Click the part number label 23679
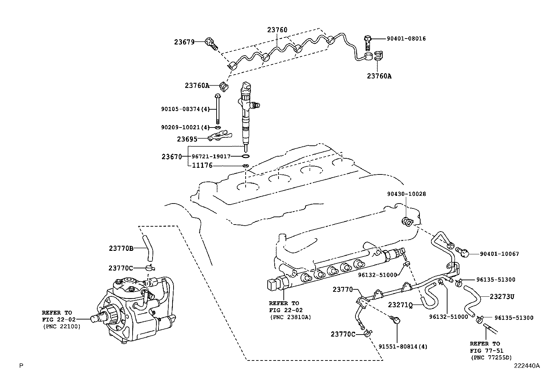point(184,42)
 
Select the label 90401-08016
point(406,39)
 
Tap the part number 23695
point(187,139)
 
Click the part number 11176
point(202,165)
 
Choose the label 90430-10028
point(406,194)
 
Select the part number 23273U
point(502,297)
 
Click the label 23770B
point(121,248)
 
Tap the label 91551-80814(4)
point(403,347)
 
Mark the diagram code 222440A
point(527,366)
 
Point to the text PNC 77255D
point(491,357)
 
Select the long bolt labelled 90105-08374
point(218,109)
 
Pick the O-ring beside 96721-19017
point(246,156)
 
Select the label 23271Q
point(400,305)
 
